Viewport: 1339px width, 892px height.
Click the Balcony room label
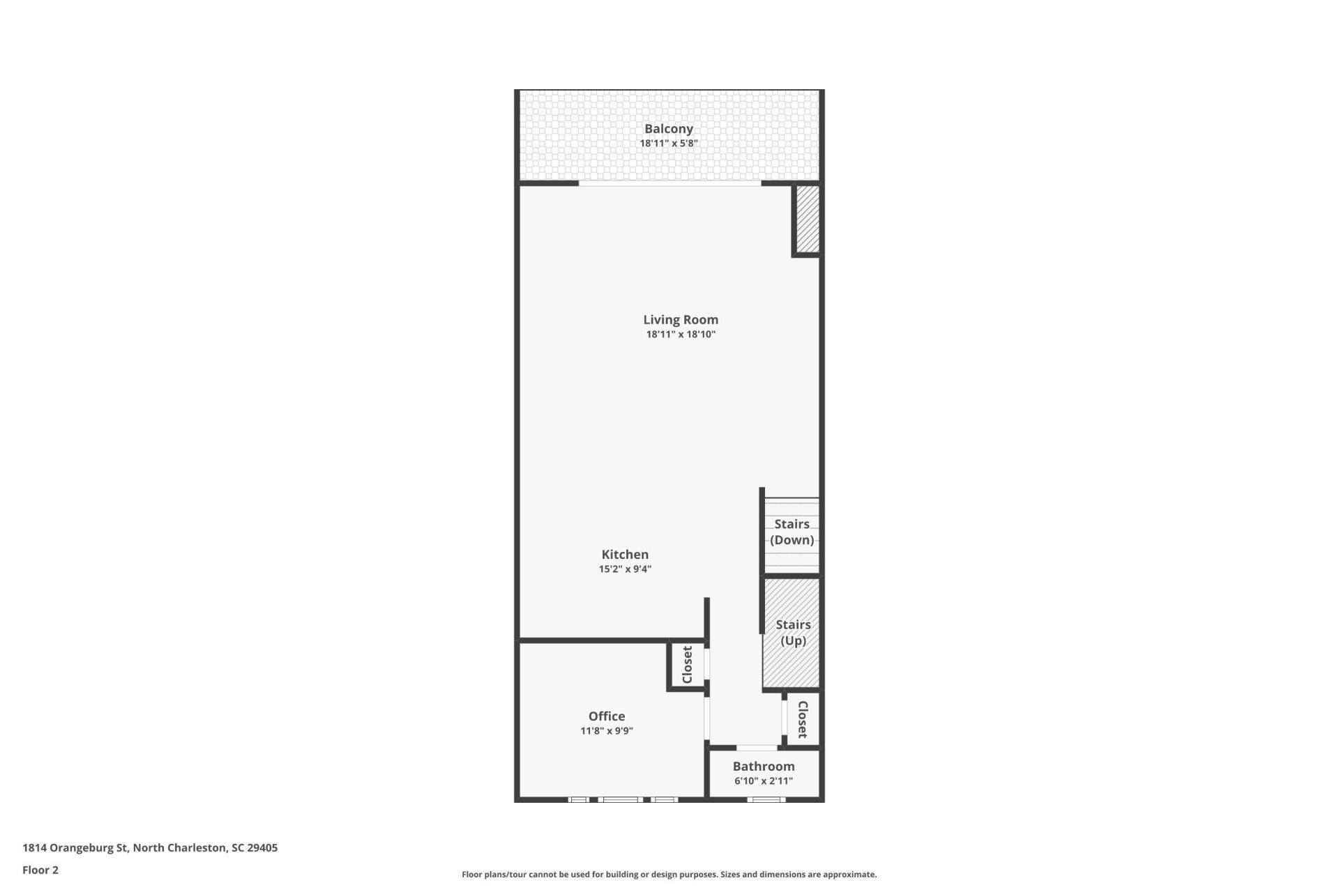pos(668,129)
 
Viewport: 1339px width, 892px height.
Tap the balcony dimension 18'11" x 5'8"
pos(669,144)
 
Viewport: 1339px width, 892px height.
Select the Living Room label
pos(681,319)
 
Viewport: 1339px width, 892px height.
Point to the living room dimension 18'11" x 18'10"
pos(681,334)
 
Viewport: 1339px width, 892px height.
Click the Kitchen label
pos(625,554)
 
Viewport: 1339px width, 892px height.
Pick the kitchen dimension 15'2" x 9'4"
pos(625,569)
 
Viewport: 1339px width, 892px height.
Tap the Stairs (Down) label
pos(792,532)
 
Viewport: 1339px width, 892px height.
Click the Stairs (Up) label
pos(793,633)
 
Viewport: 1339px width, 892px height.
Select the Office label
pos(607,716)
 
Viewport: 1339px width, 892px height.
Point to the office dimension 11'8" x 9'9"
pos(607,731)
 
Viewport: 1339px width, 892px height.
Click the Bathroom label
pos(764,766)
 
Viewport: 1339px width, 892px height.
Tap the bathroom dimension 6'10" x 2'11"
pos(764,781)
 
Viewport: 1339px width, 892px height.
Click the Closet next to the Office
pos(687,665)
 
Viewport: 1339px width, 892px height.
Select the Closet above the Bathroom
pos(802,719)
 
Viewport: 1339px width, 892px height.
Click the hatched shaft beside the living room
pos(808,219)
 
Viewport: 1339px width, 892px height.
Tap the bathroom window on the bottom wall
pos(766,799)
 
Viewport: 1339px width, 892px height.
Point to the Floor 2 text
pos(40,870)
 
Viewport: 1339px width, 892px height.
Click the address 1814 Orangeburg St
pos(75,848)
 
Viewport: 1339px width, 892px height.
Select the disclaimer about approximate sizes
pos(669,875)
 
